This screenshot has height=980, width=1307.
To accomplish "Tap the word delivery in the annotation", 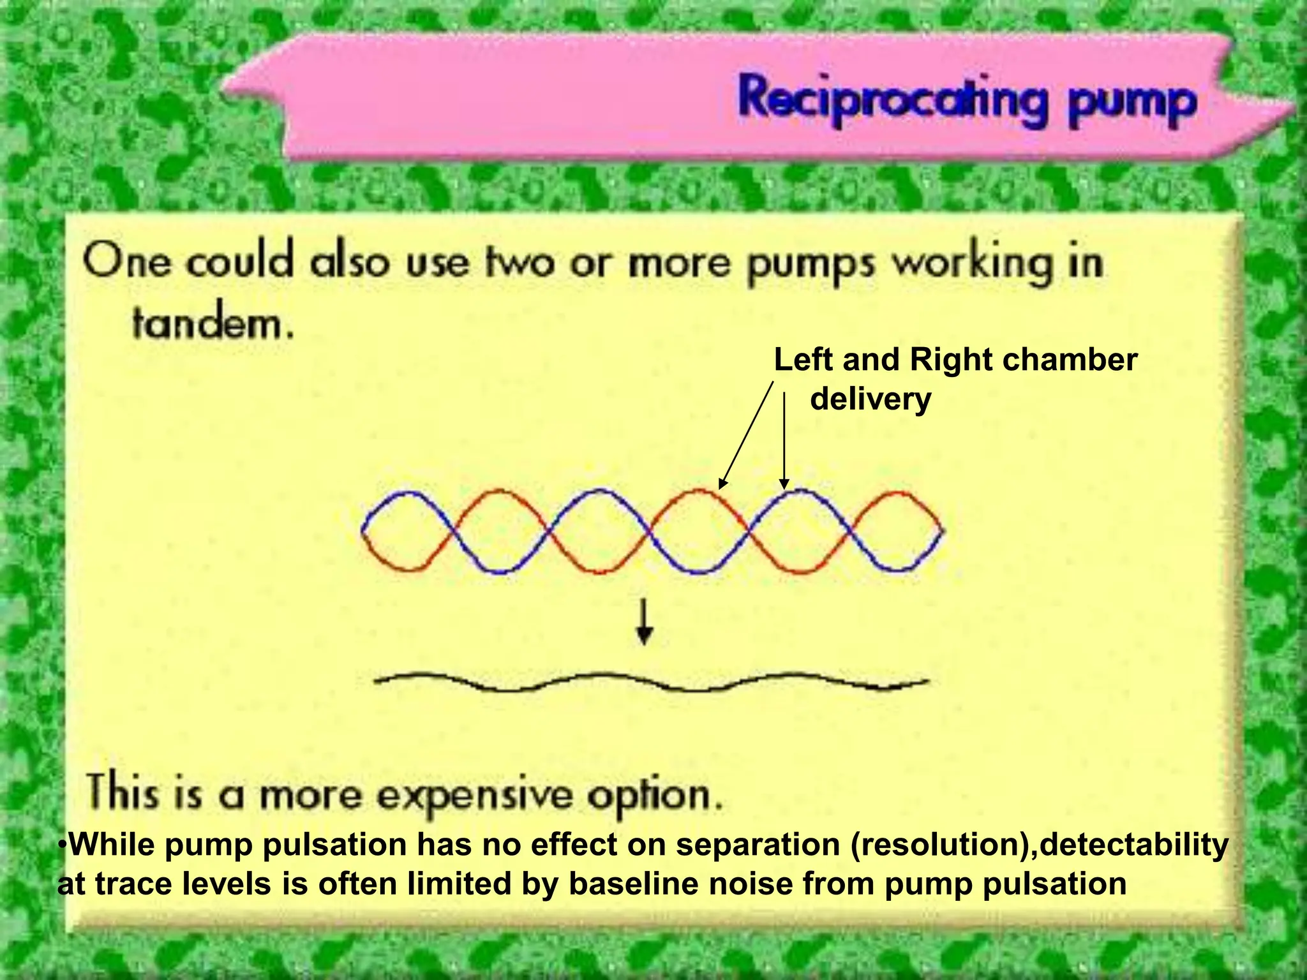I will click(870, 400).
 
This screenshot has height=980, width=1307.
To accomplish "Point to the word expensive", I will click(473, 796).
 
